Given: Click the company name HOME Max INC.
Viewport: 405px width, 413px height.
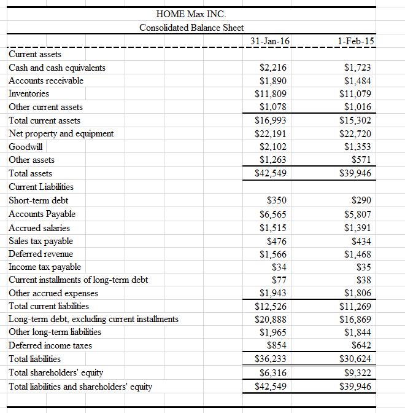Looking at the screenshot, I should [191, 14].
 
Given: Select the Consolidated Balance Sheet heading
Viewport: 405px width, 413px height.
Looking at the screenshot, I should [191, 28].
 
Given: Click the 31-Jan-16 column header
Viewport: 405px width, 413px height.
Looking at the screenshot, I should [271, 41].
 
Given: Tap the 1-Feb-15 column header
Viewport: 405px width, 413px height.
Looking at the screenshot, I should [356, 41].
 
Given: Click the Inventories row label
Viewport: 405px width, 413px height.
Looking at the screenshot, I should [29, 93].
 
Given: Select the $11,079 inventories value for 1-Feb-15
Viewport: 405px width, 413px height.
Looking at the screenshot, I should [355, 94].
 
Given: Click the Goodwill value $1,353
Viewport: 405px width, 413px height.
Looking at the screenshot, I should [358, 147].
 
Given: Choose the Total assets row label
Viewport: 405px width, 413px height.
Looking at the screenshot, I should [31, 173].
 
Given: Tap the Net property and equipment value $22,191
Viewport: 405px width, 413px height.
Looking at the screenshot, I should [271, 134].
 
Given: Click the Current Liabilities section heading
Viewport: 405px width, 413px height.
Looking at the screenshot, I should [41, 187].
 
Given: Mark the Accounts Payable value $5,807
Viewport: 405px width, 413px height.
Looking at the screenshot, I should [358, 214].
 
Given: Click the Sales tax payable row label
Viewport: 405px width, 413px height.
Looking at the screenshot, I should [40, 240].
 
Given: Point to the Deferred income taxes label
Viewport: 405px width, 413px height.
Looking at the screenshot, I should [50, 345].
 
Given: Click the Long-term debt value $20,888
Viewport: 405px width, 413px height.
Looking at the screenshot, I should [271, 319].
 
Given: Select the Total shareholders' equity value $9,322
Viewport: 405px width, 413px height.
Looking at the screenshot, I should [358, 372].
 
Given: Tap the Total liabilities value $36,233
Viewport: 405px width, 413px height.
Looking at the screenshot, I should [271, 359].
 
